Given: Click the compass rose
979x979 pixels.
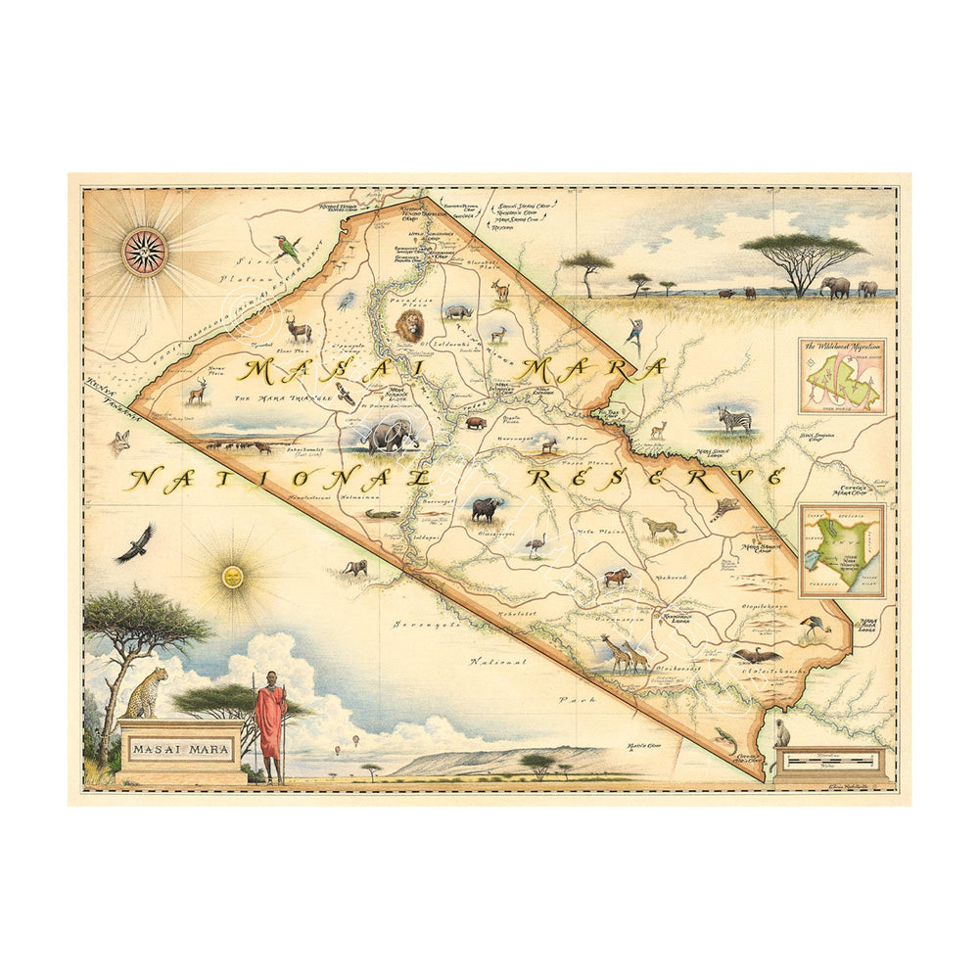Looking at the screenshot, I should click(144, 252).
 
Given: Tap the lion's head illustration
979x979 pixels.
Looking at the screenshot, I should click(410, 325).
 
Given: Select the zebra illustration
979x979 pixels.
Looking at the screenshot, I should click(735, 419).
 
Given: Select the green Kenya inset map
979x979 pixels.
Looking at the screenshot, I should click(842, 550).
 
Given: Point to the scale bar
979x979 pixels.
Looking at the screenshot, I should click(831, 760).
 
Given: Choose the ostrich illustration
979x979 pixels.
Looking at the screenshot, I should click(535, 545).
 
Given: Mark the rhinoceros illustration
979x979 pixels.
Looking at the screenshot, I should click(458, 311).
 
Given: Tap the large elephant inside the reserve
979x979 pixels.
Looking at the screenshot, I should click(389, 435).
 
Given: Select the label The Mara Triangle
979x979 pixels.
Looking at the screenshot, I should click(293, 398).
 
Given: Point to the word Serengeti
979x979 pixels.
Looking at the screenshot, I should click(427, 623).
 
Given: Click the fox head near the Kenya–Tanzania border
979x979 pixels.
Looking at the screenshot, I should click(120, 443).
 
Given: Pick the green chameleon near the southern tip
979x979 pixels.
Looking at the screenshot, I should click(724, 738).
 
